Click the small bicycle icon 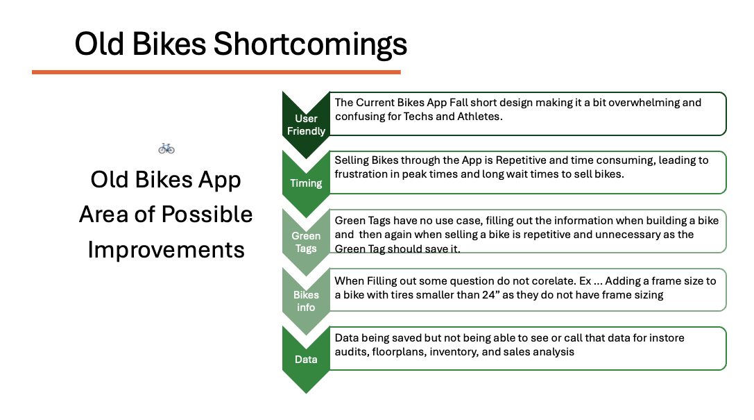click(166, 149)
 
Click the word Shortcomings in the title click(310, 44)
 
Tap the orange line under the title click(216, 72)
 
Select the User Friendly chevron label click(306, 124)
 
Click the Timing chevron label click(306, 183)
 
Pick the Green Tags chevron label click(306, 242)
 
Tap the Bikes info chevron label click(306, 301)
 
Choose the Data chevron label click(306, 360)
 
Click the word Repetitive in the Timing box click(521, 160)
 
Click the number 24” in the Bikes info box click(488, 294)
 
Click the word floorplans click(398, 352)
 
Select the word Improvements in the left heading click(166, 250)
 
